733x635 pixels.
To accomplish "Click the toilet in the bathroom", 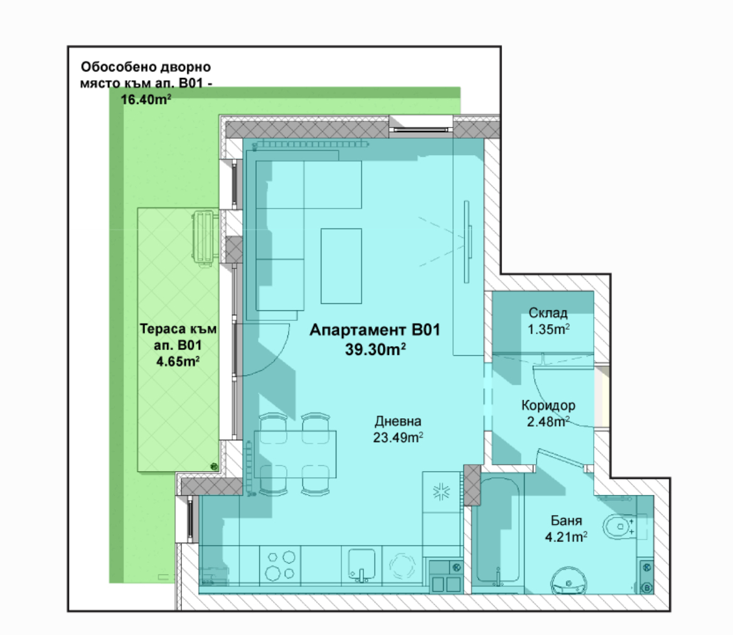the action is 619,526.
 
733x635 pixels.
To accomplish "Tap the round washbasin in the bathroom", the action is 569,581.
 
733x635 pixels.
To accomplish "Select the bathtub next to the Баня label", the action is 498,531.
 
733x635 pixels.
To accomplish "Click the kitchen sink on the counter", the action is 361,565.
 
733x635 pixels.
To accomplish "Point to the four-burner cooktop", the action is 280,565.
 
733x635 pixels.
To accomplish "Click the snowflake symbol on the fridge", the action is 441,492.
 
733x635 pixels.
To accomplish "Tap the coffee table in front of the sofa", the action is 341,266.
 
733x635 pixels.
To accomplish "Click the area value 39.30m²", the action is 375,349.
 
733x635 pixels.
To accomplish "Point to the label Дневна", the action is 398,421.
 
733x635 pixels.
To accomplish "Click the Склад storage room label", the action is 548,313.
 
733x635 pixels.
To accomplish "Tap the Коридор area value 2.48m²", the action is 548,421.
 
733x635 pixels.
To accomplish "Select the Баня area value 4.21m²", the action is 565,537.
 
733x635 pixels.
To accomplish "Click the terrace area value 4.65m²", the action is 178,362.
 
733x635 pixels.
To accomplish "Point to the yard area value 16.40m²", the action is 146,100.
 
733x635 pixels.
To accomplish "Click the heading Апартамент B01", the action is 375,330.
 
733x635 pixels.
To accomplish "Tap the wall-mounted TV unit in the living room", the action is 467,241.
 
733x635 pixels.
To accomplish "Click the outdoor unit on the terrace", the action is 205,237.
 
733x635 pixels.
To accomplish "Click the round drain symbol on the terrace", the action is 213,466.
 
